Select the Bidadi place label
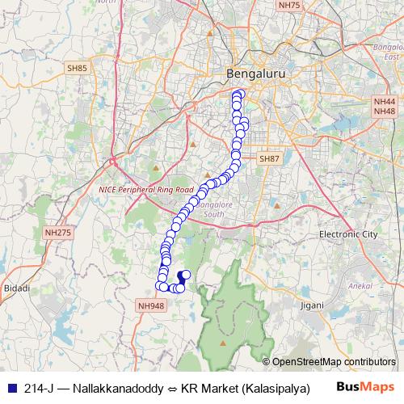point(16,288)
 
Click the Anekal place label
point(357,286)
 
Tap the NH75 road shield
point(288,6)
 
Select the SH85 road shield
point(78,69)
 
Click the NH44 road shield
point(384,100)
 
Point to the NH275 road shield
point(58,233)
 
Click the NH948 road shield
point(151,306)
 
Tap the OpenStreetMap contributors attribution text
point(333,362)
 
